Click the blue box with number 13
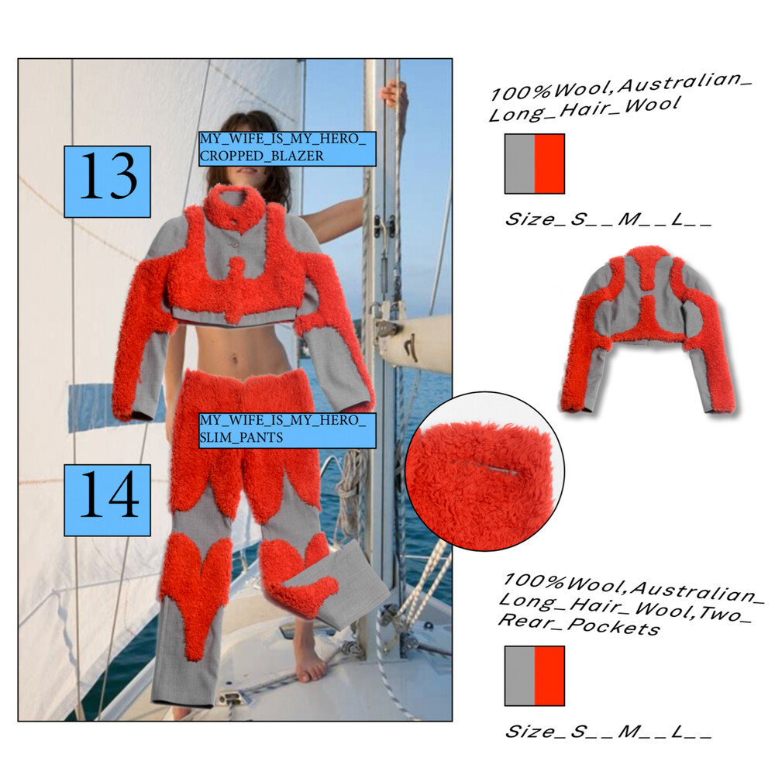pos(107,181)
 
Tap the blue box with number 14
pos(107,500)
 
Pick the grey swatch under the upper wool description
pos(519,164)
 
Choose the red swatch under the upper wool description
pos(549,164)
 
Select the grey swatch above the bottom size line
pos(519,676)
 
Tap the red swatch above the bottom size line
pos(549,676)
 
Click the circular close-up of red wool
pos(485,471)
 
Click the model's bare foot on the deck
pos(310,662)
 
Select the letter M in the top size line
pos(629,219)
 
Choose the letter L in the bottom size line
pos(677,731)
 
